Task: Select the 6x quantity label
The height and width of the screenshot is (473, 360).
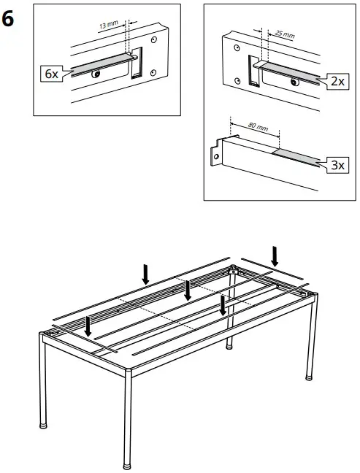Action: (50, 74)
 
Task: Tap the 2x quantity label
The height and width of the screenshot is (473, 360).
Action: (336, 81)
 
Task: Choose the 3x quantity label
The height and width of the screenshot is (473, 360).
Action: (336, 166)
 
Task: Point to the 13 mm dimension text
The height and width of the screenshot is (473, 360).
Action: (107, 24)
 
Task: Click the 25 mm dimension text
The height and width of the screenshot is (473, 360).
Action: (286, 34)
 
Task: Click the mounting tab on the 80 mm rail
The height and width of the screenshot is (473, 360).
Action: (217, 155)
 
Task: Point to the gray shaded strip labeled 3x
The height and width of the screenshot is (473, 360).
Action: (296, 158)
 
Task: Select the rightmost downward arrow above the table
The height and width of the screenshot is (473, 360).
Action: (275, 255)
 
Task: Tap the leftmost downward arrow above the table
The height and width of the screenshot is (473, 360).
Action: (88, 326)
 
